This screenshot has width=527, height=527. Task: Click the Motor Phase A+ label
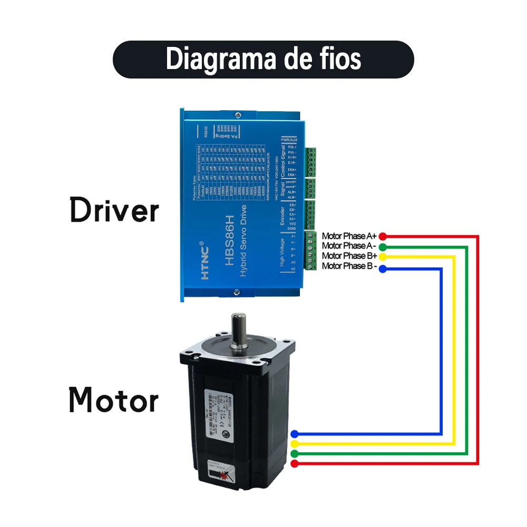pos(349,236)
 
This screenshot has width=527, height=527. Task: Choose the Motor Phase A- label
pos(349,246)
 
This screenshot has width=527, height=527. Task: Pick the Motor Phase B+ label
pos(349,256)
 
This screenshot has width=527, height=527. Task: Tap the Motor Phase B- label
pos(349,266)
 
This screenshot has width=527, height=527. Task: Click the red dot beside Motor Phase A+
pos(383,236)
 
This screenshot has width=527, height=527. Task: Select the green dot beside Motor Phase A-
pos(383,247)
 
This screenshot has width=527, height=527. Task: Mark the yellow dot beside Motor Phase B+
pos(383,257)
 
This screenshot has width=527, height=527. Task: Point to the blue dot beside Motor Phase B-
pos(383,269)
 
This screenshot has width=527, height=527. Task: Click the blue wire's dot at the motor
pos(295,434)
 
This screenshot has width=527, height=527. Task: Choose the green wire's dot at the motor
pos(295,454)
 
